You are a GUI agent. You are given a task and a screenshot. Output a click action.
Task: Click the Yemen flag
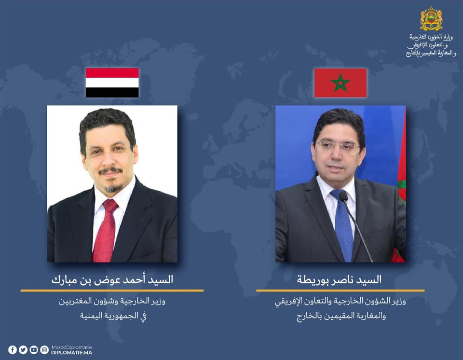click(112, 83)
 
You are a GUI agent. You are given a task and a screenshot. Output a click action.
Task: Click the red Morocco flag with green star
click(340, 83)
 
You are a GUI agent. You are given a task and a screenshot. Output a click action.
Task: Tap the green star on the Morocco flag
click(340, 83)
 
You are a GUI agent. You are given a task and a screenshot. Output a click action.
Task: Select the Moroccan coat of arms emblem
click(431, 18)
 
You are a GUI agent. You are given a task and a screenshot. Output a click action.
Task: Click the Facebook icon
click(13, 350)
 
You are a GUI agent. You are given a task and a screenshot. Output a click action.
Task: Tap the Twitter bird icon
click(23, 350)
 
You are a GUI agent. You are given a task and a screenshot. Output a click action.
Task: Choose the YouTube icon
click(34, 350)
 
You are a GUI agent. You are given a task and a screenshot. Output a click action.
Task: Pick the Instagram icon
click(44, 350)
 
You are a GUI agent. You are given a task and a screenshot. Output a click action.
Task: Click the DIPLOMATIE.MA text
click(71, 353)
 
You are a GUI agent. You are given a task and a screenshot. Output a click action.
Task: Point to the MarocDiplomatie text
click(71, 347)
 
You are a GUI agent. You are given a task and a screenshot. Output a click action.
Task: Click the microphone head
click(343, 196)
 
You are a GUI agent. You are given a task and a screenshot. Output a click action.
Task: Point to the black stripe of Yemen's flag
click(112, 93)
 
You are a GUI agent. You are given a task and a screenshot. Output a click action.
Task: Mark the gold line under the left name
click(112, 291)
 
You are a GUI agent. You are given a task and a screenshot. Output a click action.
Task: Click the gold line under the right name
click(340, 291)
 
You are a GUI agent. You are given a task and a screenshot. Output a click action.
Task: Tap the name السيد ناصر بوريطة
click(339, 279)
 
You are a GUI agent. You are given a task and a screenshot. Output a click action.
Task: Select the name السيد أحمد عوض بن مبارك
click(112, 279)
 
